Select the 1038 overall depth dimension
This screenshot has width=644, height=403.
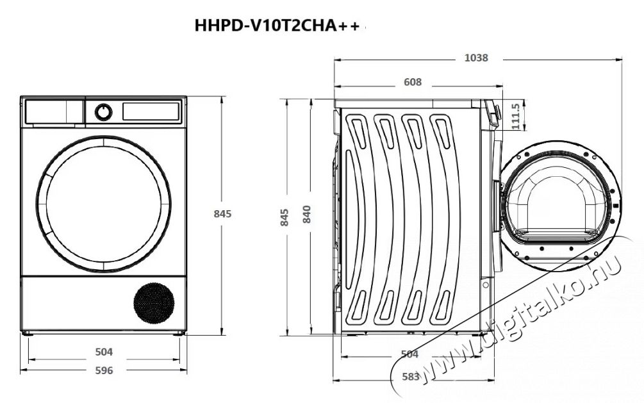click(475, 58)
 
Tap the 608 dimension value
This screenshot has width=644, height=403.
click(413, 82)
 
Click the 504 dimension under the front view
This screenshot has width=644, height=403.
click(104, 352)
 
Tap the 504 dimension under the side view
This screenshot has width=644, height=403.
click(409, 354)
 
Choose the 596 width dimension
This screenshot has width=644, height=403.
click(104, 370)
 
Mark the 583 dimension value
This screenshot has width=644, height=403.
click(410, 377)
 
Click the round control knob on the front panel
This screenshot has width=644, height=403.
click(103, 112)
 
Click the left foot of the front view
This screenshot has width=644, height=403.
click(28, 333)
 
